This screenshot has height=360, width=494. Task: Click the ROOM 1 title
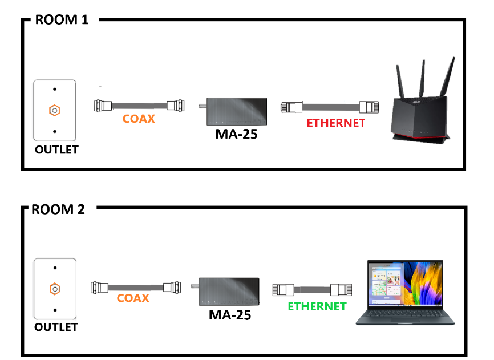pyautogui.click(x=62, y=19)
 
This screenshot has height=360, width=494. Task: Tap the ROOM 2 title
pyautogui.click(x=58, y=209)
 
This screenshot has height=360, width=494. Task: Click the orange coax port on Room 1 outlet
pyautogui.click(x=55, y=110)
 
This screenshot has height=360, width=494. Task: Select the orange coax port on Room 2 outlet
pyautogui.click(x=55, y=289)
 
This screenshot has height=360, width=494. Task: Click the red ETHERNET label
pyautogui.click(x=335, y=123)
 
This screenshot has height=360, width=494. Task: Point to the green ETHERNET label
pyautogui.click(x=317, y=306)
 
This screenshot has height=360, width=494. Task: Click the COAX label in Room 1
pyautogui.click(x=139, y=119)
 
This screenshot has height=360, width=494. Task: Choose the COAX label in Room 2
pyautogui.click(x=133, y=298)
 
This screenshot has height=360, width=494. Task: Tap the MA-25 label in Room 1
pyautogui.click(x=236, y=134)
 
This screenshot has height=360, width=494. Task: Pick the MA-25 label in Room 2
pyautogui.click(x=230, y=315)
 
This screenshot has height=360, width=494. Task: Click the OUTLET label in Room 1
pyautogui.click(x=56, y=149)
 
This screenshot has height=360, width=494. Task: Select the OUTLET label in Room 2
pyautogui.click(x=56, y=327)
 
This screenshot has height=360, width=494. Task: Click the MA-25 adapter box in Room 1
pyautogui.click(x=237, y=111)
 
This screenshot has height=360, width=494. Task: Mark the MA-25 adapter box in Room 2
pyautogui.click(x=229, y=292)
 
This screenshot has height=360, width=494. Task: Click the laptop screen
pyautogui.click(x=405, y=284)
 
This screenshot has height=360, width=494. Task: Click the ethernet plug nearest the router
pyautogui.click(x=369, y=107)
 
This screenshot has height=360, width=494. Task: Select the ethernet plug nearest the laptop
pyautogui.click(x=341, y=289)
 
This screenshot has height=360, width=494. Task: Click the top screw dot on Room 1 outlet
pyautogui.click(x=55, y=89)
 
